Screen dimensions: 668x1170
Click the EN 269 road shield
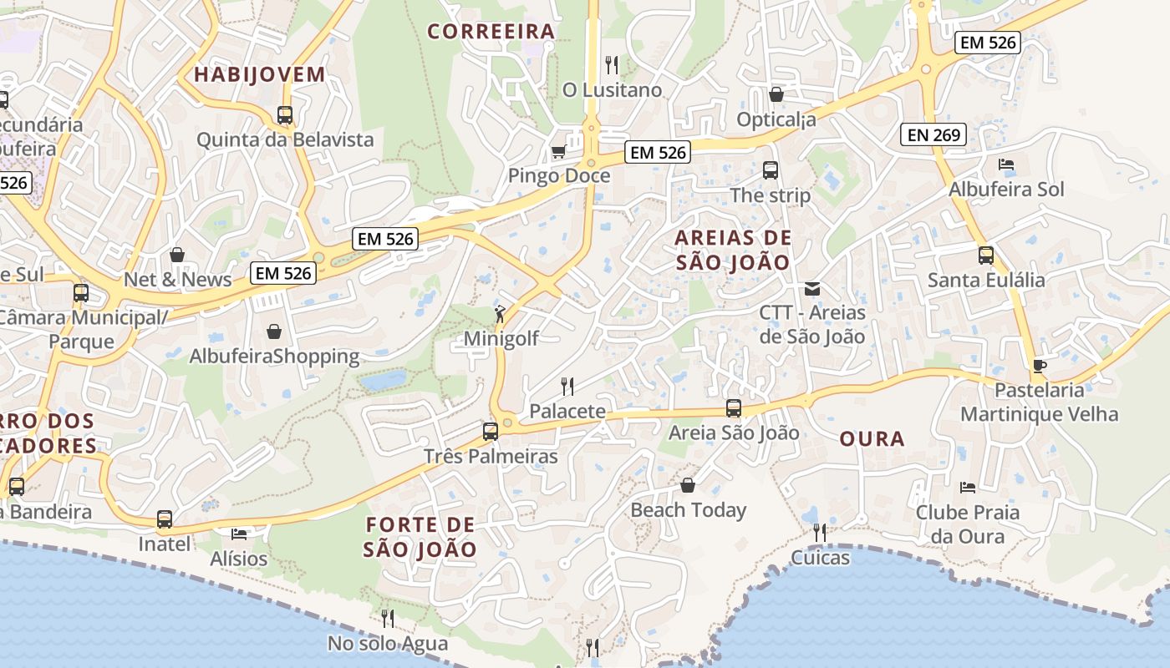(x=933, y=134)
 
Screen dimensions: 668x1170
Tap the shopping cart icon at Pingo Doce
(x=558, y=151)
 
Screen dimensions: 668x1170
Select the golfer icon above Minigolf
(x=500, y=314)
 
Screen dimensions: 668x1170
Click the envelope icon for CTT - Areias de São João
(x=811, y=289)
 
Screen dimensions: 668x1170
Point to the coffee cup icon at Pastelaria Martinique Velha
(x=1039, y=366)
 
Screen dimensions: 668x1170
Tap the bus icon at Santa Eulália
(x=986, y=256)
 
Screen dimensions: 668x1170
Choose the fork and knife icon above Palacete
(x=567, y=386)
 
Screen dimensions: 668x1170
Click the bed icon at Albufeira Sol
(x=1006, y=164)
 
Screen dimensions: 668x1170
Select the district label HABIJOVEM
(x=260, y=74)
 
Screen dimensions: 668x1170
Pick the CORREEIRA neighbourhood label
(x=491, y=32)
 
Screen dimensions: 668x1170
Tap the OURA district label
(x=872, y=438)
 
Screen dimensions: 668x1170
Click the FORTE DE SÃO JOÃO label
(x=420, y=537)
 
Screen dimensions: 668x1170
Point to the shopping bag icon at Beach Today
(x=688, y=485)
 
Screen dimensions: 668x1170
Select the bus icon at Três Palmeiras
(x=491, y=432)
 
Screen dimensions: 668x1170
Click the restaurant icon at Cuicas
(x=820, y=532)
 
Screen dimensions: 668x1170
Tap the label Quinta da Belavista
(x=285, y=139)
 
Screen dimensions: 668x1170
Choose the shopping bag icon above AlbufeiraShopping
(x=274, y=331)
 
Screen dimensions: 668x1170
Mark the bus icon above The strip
(x=771, y=170)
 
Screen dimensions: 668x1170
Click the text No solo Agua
(x=388, y=644)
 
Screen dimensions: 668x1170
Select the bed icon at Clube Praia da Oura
(x=968, y=487)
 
